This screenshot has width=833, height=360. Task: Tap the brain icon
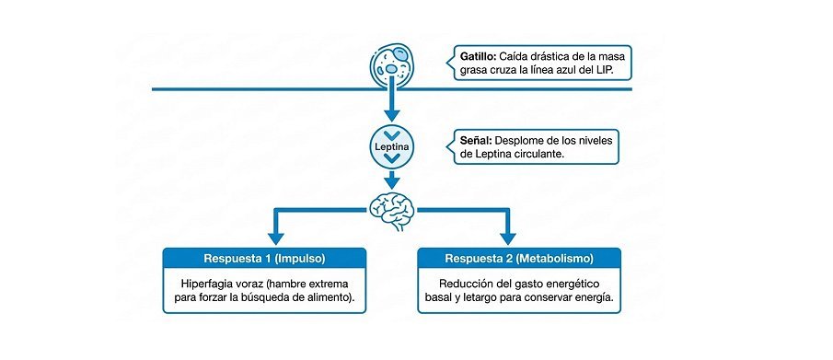point(391,210)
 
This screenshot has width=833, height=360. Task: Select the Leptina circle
point(391,146)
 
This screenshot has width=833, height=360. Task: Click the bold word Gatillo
point(474,56)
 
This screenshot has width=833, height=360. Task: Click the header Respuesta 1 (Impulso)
point(264,259)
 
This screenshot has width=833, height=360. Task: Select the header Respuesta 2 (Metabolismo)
point(519,259)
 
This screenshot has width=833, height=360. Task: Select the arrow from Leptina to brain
point(391,180)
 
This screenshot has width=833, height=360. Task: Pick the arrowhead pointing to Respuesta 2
point(508,238)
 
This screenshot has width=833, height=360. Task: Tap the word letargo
point(480,297)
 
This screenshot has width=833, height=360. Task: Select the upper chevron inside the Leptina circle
point(391,135)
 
